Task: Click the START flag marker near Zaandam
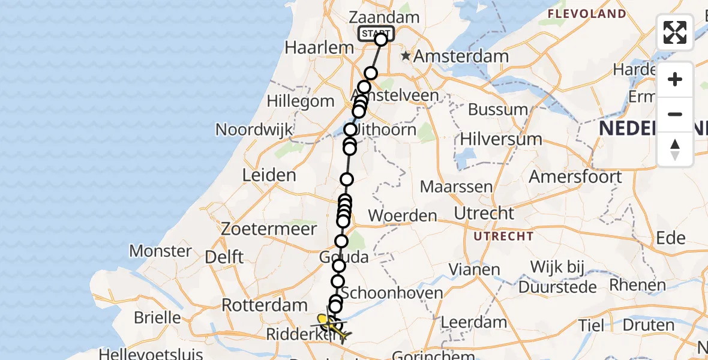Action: [376, 34]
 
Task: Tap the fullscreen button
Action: [675, 32]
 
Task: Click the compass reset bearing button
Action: [675, 149]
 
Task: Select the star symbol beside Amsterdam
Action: [406, 56]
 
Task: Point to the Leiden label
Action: [269, 175]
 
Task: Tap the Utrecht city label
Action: [484, 214]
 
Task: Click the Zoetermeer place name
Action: [268, 229]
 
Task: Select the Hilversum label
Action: [501, 139]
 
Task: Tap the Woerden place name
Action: [403, 215]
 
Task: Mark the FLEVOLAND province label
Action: [590, 13]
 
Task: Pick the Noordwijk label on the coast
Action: [254, 130]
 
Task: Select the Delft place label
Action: [224, 257]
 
